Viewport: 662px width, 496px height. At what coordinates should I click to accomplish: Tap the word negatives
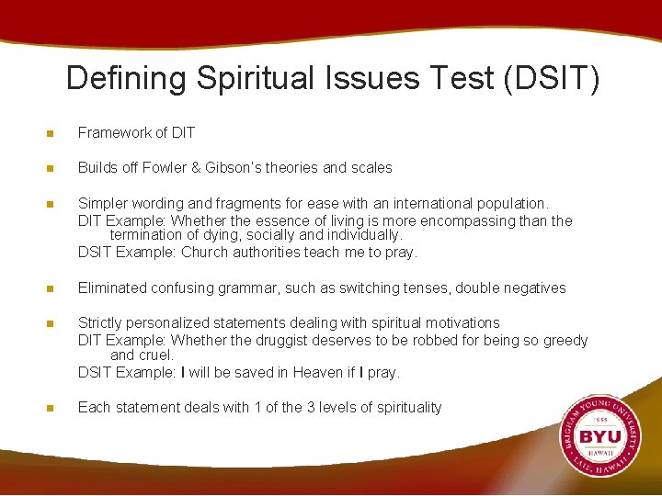pyautogui.click(x=532, y=288)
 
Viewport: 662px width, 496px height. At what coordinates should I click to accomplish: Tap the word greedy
pyautogui.click(x=564, y=341)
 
